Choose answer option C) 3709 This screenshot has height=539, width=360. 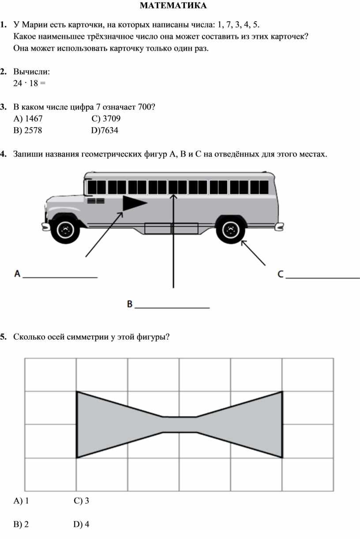pos(106,119)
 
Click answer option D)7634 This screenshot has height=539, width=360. pos(105,131)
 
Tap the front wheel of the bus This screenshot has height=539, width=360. pos(65,229)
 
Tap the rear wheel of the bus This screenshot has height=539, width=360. pos(230,229)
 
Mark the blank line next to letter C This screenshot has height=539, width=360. pos(323,278)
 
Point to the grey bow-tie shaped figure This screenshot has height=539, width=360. pos(179,424)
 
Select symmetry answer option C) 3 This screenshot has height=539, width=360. pos(82,501)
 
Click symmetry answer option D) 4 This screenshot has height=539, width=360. pos(82,524)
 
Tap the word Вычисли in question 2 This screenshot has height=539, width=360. pos(31,71)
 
